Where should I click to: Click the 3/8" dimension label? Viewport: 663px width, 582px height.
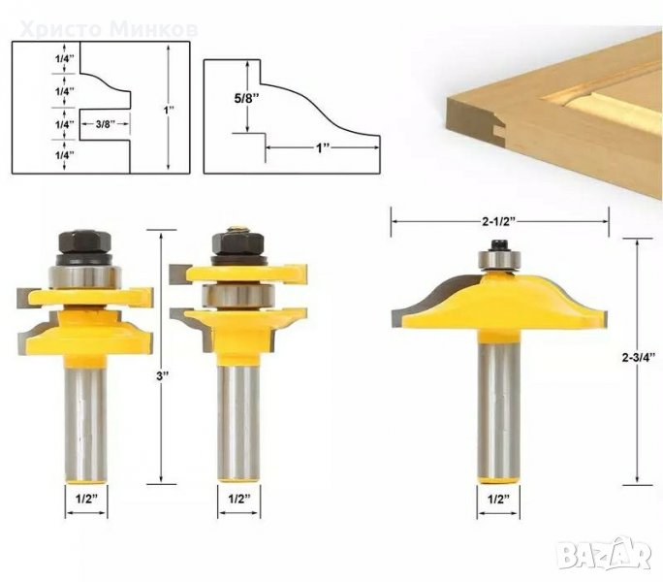106,124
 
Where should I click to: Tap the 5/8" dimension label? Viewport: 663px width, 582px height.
246,98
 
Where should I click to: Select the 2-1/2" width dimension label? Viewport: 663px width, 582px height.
499,221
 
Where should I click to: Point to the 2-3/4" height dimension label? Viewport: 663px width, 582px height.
639,357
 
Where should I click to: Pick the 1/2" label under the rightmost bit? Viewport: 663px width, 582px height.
498,500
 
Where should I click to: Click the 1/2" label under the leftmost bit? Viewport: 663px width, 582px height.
86,499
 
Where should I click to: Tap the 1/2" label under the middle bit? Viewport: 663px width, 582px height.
239,499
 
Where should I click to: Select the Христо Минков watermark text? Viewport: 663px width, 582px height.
110,29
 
